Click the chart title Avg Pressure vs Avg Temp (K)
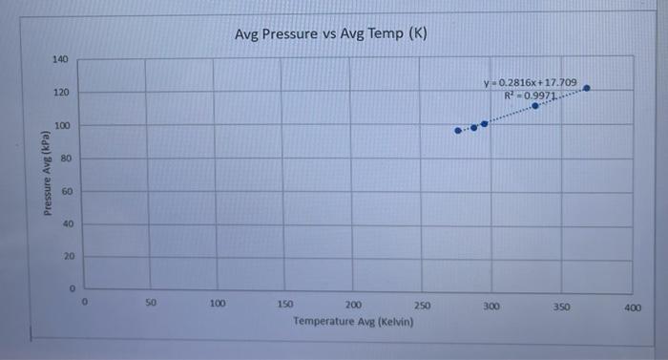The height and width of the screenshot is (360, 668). point(331,34)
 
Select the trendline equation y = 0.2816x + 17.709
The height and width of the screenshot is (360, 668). point(531,83)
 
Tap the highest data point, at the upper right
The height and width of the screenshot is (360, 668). point(586,88)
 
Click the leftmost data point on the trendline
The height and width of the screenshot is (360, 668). point(457,131)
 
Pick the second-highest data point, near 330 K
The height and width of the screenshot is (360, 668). point(535,106)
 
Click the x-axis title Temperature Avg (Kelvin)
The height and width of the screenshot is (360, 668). point(353,322)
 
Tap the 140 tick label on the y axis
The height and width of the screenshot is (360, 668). point(60,60)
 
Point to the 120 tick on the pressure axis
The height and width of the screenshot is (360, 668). point(60,93)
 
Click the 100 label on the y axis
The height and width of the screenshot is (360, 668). point(60,126)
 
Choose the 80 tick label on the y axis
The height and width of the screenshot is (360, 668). point(63,159)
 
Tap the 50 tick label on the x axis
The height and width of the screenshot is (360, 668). point(151,304)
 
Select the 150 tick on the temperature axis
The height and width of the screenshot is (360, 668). point(285,305)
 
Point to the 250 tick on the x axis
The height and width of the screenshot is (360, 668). point(423,305)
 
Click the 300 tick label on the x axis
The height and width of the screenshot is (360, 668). point(491,306)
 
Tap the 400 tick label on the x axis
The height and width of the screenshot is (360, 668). point(633,307)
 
